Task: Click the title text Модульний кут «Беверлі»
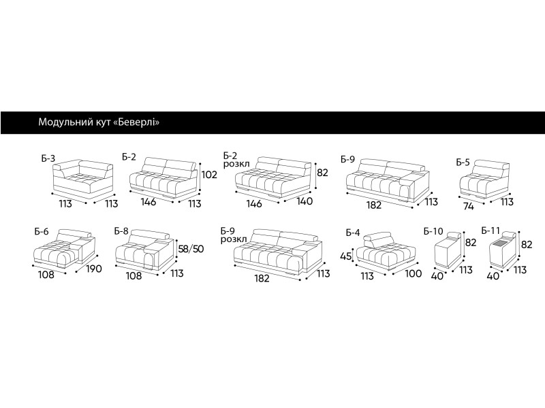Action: click(x=99, y=122)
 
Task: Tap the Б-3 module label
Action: click(x=48, y=158)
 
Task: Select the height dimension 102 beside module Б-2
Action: click(x=209, y=175)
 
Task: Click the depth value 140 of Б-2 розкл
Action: click(x=305, y=201)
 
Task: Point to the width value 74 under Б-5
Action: click(x=468, y=207)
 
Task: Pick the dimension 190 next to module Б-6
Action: click(x=94, y=269)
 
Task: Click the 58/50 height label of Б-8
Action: click(x=191, y=249)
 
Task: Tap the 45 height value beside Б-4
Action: click(x=346, y=256)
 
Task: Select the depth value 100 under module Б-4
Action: click(x=414, y=274)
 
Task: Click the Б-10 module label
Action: click(x=433, y=231)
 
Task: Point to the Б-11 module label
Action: click(x=490, y=231)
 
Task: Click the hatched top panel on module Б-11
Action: click(x=501, y=245)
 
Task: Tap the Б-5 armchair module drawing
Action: click(x=485, y=180)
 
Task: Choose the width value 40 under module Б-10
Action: click(x=437, y=276)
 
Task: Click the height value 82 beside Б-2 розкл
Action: click(x=322, y=173)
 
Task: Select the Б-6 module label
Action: click(x=42, y=231)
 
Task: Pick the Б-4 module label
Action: click(x=353, y=233)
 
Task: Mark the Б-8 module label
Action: click(x=121, y=231)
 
